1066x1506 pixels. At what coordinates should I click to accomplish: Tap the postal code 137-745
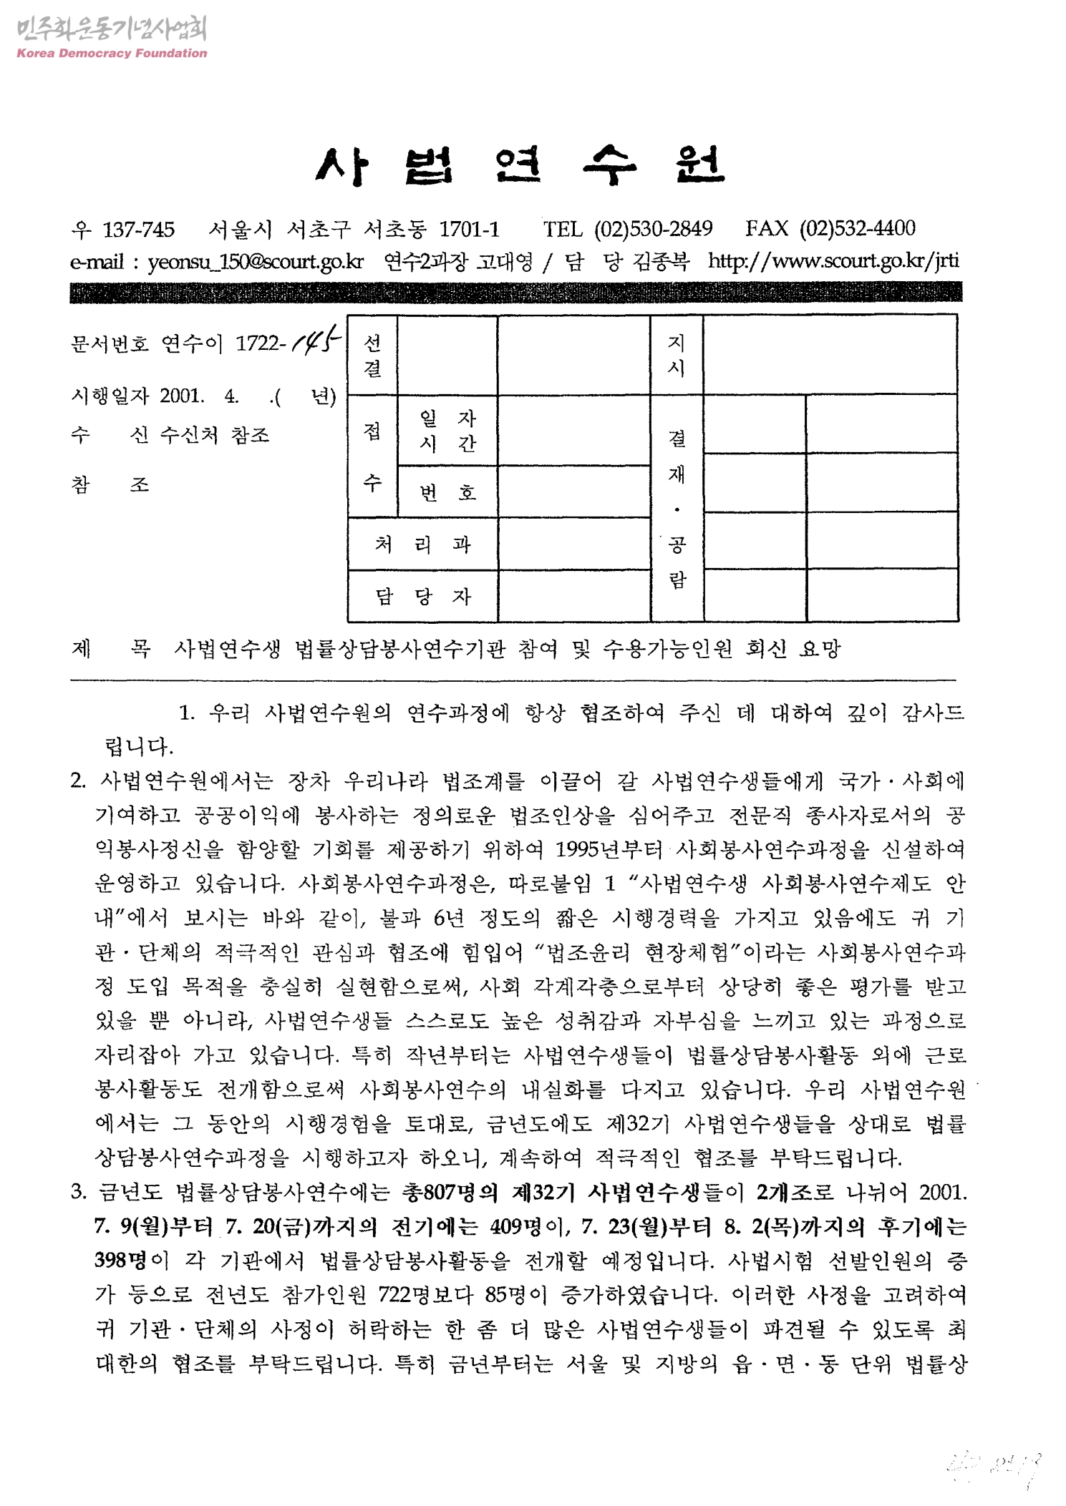pos(138,229)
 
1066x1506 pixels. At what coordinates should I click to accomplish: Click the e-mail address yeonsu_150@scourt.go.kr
pos(256,262)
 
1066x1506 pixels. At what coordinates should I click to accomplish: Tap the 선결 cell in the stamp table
pos(372,356)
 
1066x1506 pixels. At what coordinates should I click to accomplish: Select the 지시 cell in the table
pos(676,356)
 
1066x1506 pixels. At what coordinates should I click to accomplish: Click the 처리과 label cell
pos(422,544)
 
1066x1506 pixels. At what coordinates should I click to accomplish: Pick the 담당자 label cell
pos(422,596)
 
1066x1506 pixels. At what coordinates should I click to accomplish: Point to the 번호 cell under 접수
pos(447,492)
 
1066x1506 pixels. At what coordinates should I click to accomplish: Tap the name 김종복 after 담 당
pos(661,262)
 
